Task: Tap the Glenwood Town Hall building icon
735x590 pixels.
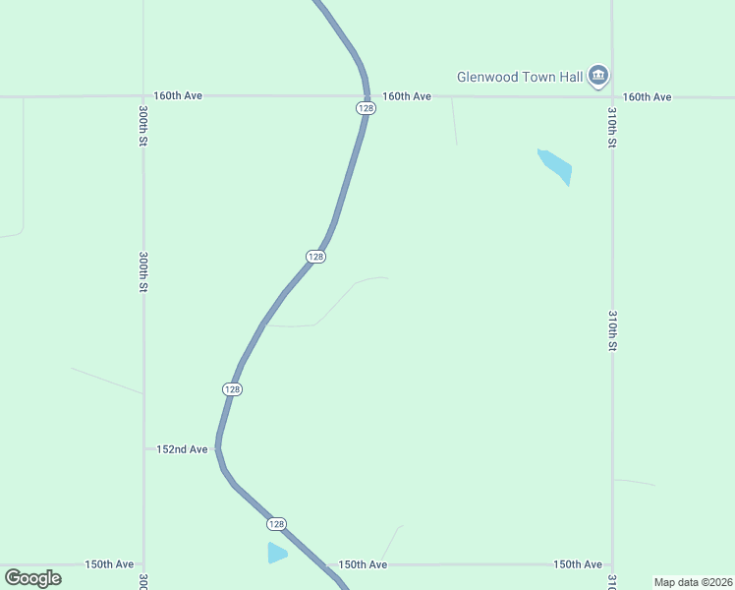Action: [598, 76]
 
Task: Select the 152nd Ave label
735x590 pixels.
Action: [183, 449]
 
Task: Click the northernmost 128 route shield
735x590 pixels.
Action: [366, 108]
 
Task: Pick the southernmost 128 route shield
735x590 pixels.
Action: [277, 524]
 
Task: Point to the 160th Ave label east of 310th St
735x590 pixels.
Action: [647, 97]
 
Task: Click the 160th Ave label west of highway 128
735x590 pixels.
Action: [178, 96]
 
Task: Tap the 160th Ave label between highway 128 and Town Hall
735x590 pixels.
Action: [407, 96]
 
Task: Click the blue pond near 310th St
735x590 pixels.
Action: [555, 166]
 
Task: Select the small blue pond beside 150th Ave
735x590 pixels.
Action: [277, 553]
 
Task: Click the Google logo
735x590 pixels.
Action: [32, 578]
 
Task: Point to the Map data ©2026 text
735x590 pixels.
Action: [693, 582]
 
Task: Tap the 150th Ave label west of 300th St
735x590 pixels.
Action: [109, 564]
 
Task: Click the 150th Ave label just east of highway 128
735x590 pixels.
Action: [363, 564]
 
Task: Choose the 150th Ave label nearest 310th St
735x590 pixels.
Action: [577, 564]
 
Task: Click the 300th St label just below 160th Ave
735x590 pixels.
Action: [143, 128]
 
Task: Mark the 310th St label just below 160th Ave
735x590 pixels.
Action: [612, 128]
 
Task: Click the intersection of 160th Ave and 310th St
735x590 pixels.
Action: [612, 96]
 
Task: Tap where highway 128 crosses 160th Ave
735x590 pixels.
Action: [367, 96]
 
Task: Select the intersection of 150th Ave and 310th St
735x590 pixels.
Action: [612, 564]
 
